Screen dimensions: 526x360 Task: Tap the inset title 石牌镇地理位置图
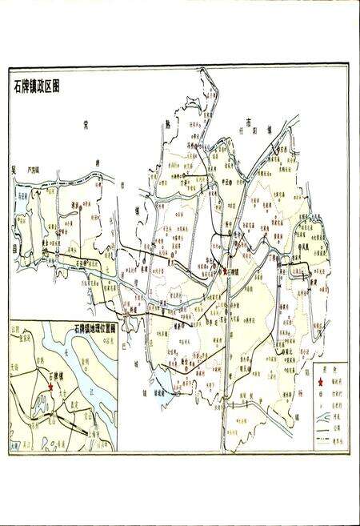[94, 328]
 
